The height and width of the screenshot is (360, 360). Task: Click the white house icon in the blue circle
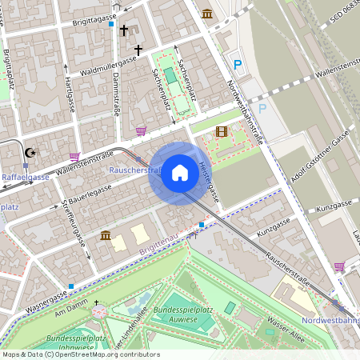click(x=179, y=173)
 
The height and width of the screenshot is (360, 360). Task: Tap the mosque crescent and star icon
click(x=31, y=153)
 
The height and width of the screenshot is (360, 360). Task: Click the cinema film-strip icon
click(x=221, y=132)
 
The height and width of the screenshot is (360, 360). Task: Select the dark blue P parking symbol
click(x=237, y=64)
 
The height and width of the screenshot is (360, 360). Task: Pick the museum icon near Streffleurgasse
click(x=106, y=235)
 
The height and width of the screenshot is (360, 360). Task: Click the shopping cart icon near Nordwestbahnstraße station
click(x=339, y=266)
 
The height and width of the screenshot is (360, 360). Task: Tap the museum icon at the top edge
click(x=208, y=14)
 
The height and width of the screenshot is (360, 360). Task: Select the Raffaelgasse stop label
click(x=26, y=177)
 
